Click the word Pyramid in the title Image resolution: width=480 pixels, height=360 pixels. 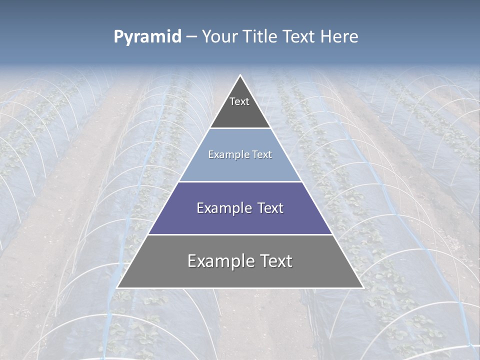(147, 37)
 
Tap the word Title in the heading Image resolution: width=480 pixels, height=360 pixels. (259, 37)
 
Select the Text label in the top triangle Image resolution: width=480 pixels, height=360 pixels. (239, 102)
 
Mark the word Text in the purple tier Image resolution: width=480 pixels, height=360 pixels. (270, 208)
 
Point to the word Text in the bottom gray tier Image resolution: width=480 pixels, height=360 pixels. (276, 261)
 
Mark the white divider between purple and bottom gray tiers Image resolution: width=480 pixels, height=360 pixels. (240, 234)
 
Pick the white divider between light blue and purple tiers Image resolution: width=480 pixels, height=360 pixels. (240, 181)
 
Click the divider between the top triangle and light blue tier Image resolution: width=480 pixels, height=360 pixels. (240, 128)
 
